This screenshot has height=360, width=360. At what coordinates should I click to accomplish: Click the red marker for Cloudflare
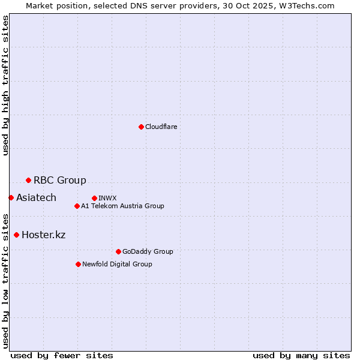(x=141, y=127)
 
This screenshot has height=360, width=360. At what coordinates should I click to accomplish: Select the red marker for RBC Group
(x=28, y=180)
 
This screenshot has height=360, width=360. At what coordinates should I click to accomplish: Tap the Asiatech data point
(x=11, y=197)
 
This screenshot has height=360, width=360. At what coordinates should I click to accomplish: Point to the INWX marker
(x=94, y=198)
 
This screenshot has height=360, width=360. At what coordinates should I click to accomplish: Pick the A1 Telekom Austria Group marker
(x=77, y=206)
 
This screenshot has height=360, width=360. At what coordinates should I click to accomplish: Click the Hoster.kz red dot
(x=16, y=235)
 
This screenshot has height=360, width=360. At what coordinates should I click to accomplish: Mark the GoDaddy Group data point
(x=118, y=251)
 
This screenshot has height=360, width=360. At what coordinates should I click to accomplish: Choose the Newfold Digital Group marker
(x=78, y=264)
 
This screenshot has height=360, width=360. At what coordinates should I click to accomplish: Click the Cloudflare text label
(x=161, y=127)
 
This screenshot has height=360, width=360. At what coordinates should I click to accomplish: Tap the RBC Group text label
(x=60, y=180)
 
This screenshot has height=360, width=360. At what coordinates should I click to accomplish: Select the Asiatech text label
(x=36, y=197)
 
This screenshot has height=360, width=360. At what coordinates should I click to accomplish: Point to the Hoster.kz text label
(x=43, y=235)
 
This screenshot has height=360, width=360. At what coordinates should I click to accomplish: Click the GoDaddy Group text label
(x=148, y=251)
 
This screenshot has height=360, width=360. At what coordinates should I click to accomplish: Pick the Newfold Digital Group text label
(x=117, y=264)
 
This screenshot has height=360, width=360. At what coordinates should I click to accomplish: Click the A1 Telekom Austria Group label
(x=122, y=206)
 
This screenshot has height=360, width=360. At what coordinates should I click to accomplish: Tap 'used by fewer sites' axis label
(x=62, y=355)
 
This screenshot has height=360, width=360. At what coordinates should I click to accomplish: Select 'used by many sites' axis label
(x=301, y=355)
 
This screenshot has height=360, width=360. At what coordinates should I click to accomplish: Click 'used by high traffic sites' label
(x=6, y=85)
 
